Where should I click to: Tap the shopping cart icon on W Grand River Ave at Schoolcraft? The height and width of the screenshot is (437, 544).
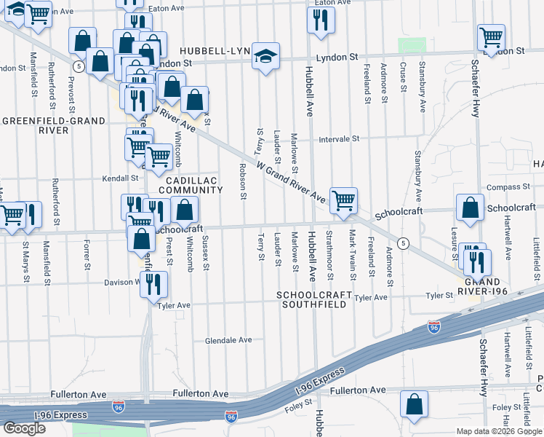[343, 200]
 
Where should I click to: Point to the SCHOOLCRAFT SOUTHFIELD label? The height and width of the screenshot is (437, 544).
[315, 300]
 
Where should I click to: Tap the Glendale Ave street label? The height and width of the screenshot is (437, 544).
[228, 340]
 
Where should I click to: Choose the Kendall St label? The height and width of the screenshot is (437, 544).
[120, 178]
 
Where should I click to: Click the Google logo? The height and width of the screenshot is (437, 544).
[24, 428]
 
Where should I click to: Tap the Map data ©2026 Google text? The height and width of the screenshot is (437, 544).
[498, 431]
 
